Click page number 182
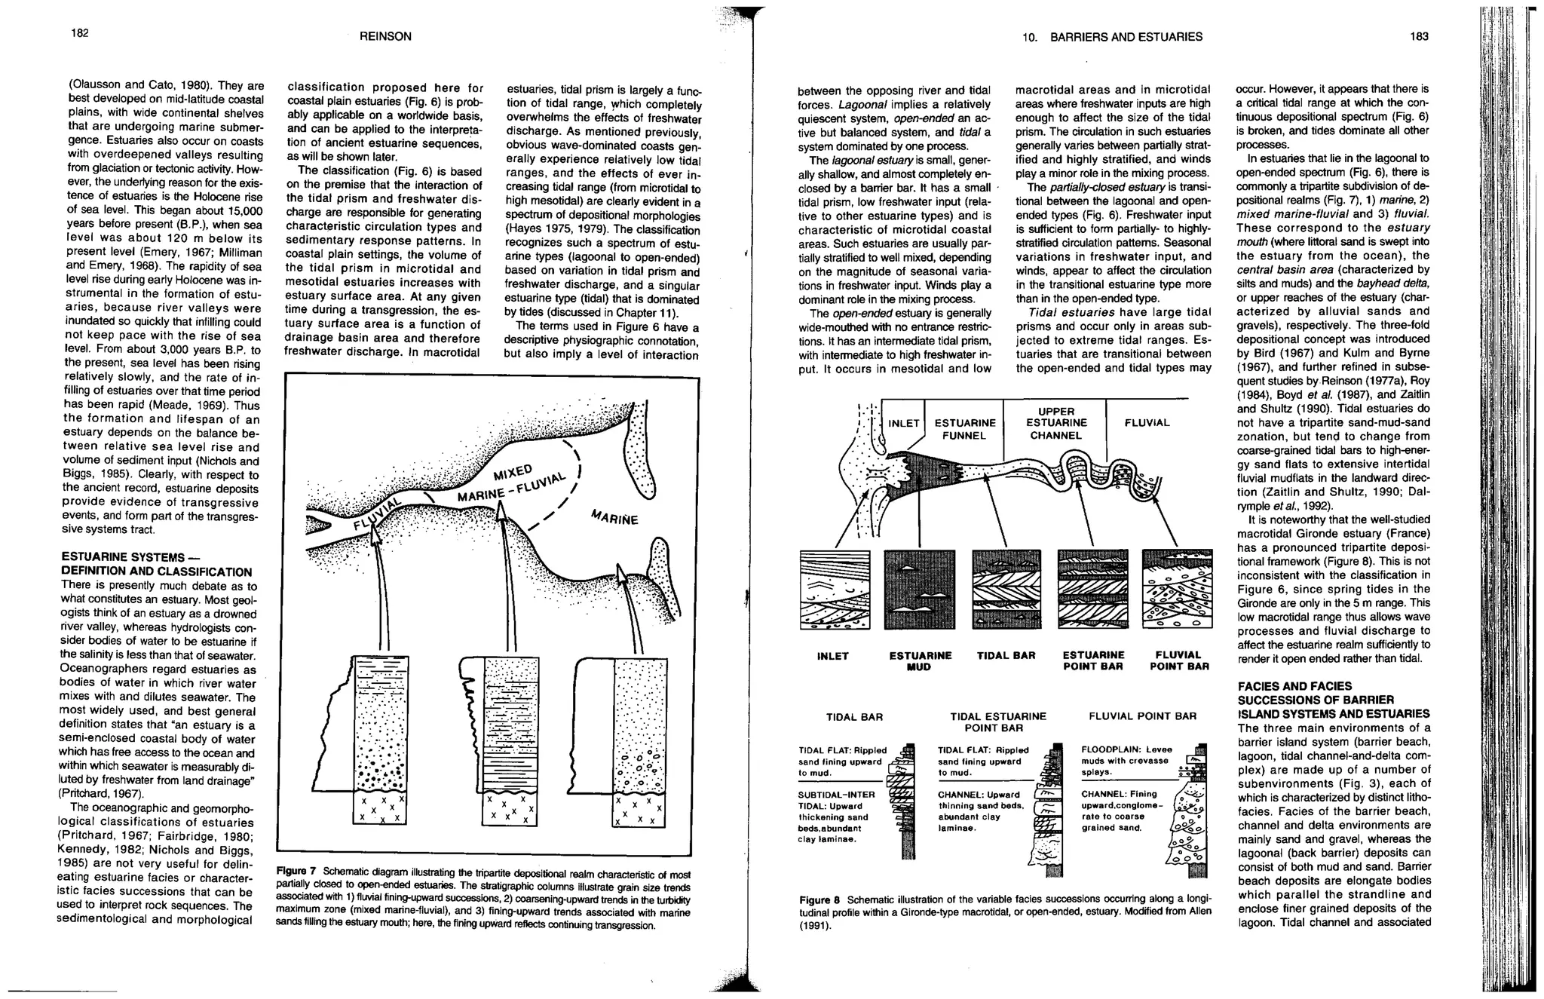[80, 33]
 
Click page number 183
[1419, 36]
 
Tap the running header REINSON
[385, 36]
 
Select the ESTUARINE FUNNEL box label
[965, 429]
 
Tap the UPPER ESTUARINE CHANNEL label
[1055, 423]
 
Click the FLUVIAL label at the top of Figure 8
[1147, 423]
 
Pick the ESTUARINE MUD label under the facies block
[920, 660]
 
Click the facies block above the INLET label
[835, 589]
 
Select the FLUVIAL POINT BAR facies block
[1178, 589]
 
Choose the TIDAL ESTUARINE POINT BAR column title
[998, 722]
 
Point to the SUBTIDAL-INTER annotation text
[836, 794]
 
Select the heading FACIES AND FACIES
[1294, 686]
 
